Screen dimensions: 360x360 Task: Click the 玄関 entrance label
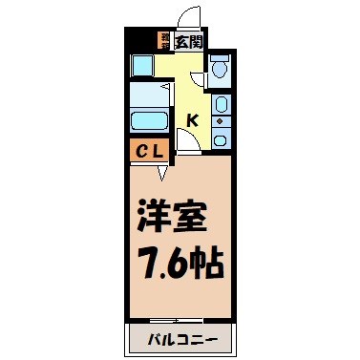click(189, 40)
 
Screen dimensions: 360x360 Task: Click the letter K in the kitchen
click(192, 120)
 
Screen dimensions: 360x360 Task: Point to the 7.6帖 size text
click(179, 261)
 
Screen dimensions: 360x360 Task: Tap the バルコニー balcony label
click(179, 340)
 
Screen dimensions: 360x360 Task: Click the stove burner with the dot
click(221, 121)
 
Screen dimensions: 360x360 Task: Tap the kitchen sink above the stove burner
click(221, 104)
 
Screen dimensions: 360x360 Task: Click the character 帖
click(208, 261)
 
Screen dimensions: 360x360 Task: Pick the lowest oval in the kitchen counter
click(221, 138)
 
